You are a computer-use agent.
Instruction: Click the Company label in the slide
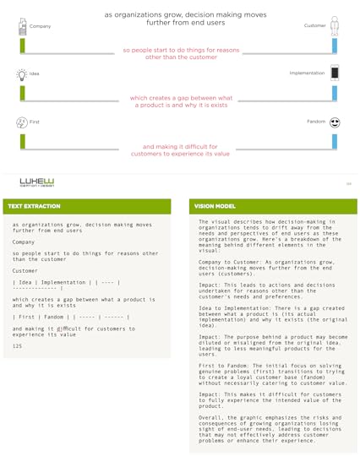tap(40, 26)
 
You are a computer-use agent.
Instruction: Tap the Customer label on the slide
tap(314, 26)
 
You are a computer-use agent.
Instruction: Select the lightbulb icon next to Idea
tap(21, 74)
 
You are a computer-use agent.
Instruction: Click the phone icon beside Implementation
tap(335, 73)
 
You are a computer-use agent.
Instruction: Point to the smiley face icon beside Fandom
tap(335, 122)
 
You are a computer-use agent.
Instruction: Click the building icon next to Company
tap(21, 25)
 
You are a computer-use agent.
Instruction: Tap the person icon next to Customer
tap(335, 24)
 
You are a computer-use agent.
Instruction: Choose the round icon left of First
tap(21, 122)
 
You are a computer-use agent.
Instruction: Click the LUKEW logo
tap(37, 182)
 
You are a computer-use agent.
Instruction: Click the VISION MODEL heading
tap(215, 206)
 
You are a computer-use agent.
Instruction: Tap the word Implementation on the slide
tap(307, 73)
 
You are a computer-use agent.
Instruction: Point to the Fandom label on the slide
tap(316, 122)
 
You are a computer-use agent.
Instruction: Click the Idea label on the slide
tap(35, 73)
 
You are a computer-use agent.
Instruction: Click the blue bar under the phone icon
tap(335, 93)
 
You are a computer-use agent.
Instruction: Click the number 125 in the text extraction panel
tap(17, 346)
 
